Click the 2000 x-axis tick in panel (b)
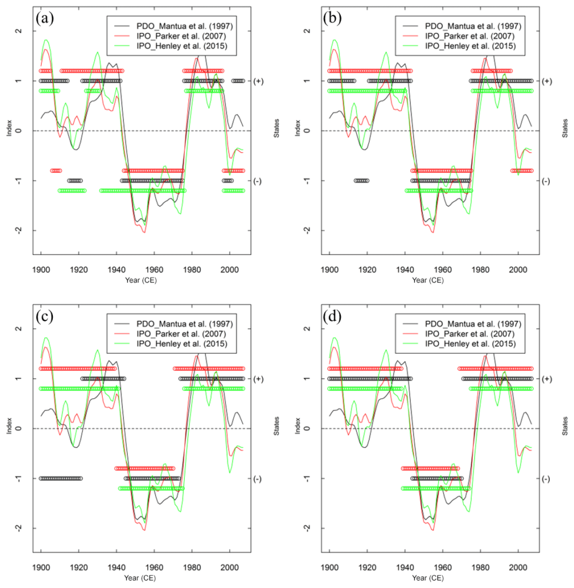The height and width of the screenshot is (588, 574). click(518, 268)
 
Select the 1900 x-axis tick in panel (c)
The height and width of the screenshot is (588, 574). click(41, 566)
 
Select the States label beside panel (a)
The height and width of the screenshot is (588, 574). click(276, 130)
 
